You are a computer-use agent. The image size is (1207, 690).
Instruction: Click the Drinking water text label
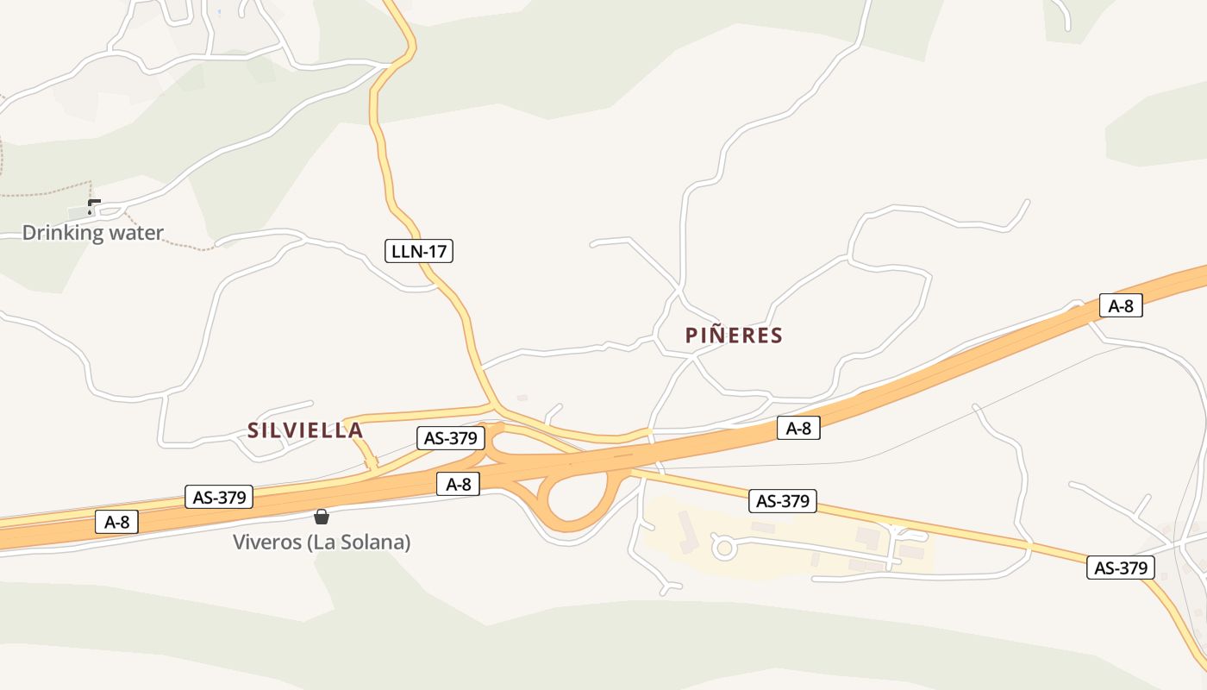(x=92, y=233)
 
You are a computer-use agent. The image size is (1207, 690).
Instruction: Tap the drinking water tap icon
(x=93, y=206)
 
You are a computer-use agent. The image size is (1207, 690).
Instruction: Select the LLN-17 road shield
(x=418, y=252)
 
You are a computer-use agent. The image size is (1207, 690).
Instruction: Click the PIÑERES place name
(x=734, y=336)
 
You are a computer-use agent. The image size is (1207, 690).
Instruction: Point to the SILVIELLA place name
(x=305, y=430)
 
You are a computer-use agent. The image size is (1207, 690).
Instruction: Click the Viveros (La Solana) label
(x=322, y=543)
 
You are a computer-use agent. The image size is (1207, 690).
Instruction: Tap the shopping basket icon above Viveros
(x=322, y=517)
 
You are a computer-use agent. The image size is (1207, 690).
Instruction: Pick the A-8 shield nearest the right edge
(x=1121, y=305)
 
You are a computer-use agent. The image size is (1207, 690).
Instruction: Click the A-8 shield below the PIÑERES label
(x=798, y=428)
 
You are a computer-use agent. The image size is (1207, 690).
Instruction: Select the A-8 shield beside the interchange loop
(x=458, y=484)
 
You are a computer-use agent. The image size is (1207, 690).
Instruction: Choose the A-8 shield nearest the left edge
(x=116, y=521)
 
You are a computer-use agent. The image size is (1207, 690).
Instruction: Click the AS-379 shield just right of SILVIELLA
(x=450, y=437)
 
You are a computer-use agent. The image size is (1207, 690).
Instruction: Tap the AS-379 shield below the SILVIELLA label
(x=220, y=497)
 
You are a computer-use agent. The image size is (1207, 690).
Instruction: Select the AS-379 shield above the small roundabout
(x=783, y=501)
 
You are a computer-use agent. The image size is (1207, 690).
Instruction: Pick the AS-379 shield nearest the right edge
(x=1120, y=568)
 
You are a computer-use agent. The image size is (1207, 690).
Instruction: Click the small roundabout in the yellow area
(x=722, y=546)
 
